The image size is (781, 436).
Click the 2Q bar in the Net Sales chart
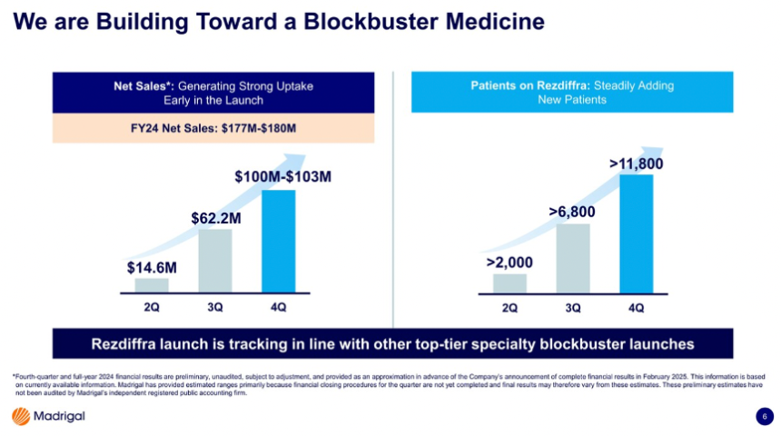coord(152,285)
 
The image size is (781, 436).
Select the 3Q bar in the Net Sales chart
coord(215,261)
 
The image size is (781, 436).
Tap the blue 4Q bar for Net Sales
coord(278,241)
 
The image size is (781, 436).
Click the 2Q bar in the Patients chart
coord(509,283)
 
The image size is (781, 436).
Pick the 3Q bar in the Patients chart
coord(572,258)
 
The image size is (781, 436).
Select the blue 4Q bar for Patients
coord(636,233)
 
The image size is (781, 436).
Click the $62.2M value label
coord(215,218)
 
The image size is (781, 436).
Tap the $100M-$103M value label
coord(278,175)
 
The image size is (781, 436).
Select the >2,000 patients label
coord(509,263)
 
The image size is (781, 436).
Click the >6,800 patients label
coord(572,212)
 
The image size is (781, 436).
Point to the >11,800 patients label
coord(636,163)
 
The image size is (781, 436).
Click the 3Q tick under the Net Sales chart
coord(215,307)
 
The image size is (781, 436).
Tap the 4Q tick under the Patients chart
coord(636,307)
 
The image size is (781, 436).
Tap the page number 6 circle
coord(764,416)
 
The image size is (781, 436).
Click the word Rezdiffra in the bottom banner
coord(135,343)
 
